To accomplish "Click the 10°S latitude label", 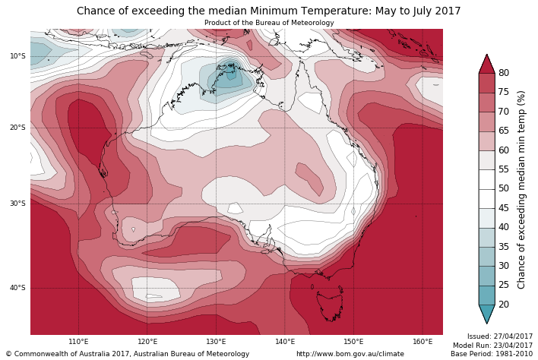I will [17, 56].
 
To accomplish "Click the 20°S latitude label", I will [17, 128].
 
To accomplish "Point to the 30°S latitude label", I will [17, 204].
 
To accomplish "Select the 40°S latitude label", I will [17, 288].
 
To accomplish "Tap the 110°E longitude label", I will [78, 342].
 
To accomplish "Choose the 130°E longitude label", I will [216, 342].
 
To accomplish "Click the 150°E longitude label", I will [353, 342].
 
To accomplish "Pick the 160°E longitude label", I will [422, 342].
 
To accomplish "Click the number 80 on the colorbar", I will [504, 73].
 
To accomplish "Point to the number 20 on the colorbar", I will [504, 305].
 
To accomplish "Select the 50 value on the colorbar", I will [504, 188].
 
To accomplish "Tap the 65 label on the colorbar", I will [504, 131].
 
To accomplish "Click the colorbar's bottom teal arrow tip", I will [486, 322].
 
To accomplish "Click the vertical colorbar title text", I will [522, 189].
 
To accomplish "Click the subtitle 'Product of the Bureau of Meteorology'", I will [269, 23].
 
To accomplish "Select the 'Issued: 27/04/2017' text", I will [499, 336].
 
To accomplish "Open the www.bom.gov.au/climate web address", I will [350, 354].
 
